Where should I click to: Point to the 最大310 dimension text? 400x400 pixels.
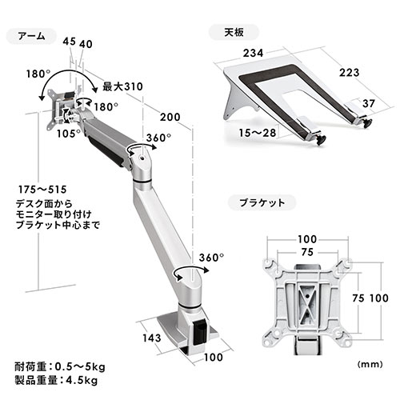[122, 86]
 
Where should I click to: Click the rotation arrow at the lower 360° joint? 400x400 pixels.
[183, 274]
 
